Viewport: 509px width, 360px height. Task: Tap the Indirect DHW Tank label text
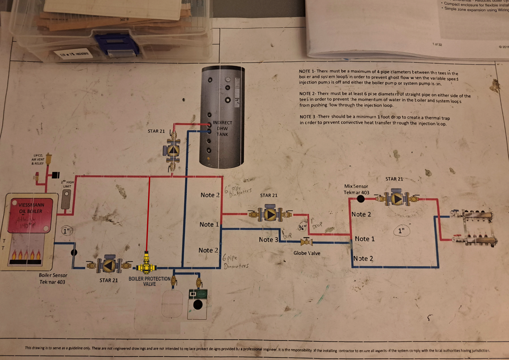click(x=222, y=128)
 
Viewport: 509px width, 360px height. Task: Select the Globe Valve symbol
click(x=306, y=242)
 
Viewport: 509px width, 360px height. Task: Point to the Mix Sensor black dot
click(x=361, y=199)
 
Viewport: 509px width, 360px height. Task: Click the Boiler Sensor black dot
click(x=74, y=252)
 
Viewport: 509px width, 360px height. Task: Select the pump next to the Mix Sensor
click(x=397, y=199)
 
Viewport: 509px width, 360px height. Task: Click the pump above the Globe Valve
click(x=270, y=214)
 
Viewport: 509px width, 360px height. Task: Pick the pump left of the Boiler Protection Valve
click(x=109, y=265)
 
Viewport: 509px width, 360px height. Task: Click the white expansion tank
click(x=172, y=303)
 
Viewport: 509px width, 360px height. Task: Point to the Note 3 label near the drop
click(x=268, y=240)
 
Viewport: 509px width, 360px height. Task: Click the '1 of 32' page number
click(x=437, y=44)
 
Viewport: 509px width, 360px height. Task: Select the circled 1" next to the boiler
click(x=66, y=231)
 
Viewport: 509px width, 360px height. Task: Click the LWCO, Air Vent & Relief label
click(x=38, y=159)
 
